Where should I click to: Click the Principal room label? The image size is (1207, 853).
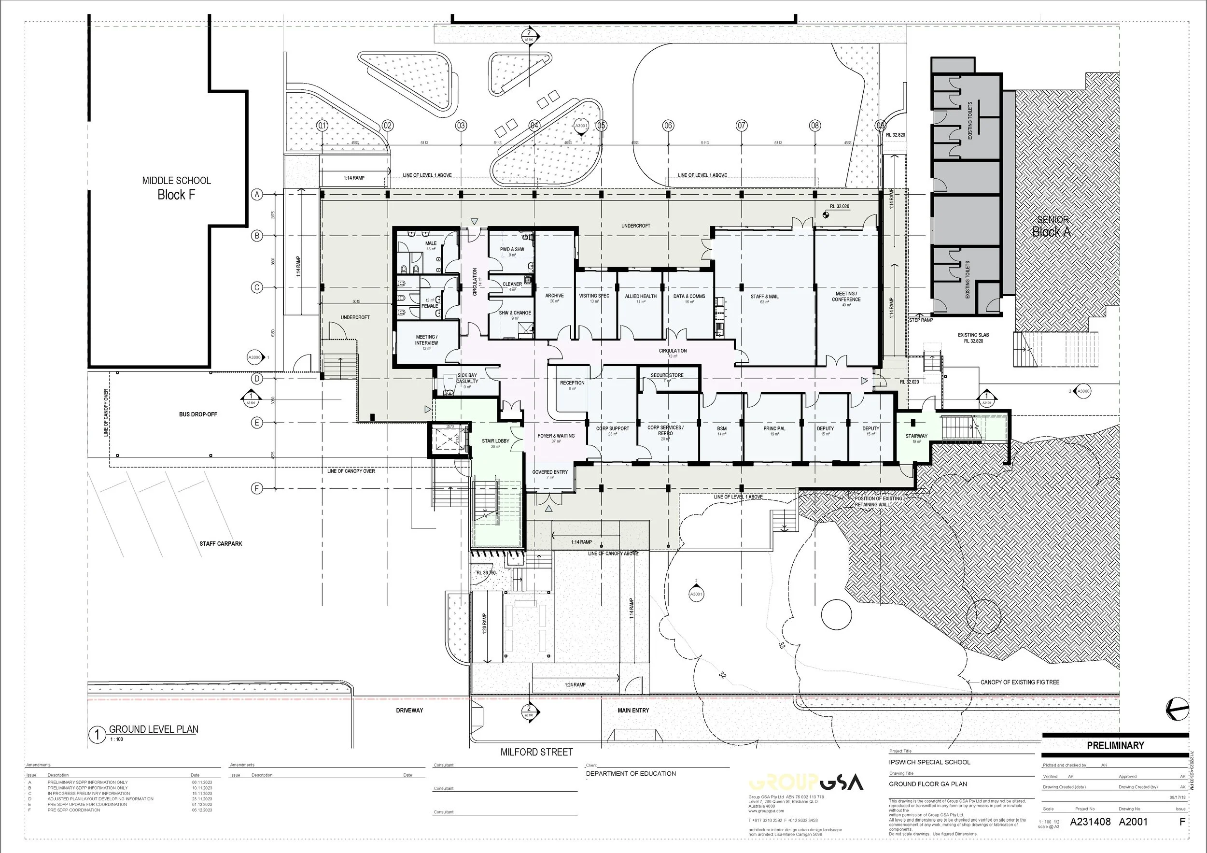pos(774,428)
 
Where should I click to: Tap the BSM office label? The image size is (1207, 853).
pos(721,428)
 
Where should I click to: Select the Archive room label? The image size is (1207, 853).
pos(554,296)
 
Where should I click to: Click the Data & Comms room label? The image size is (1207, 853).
pos(688,296)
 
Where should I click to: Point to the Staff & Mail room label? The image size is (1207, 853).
pos(764,297)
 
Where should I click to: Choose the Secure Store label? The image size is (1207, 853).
pos(667,375)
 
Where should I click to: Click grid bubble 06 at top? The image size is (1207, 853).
pos(668,126)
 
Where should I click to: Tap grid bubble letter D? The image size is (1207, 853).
pos(257,379)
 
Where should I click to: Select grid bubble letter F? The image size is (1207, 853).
pos(257,488)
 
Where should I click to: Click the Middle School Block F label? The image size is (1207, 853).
pos(176,188)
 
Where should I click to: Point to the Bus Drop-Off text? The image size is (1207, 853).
pos(197,414)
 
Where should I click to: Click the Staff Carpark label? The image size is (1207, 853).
pos(221,543)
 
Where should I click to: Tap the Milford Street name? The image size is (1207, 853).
pos(536,752)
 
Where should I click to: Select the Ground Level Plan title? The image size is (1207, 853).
pos(154,729)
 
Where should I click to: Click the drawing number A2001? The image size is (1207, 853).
pos(1133,822)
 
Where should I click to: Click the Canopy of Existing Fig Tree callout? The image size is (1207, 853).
pos(1019,682)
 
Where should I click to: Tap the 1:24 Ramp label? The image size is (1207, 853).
pos(575,685)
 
